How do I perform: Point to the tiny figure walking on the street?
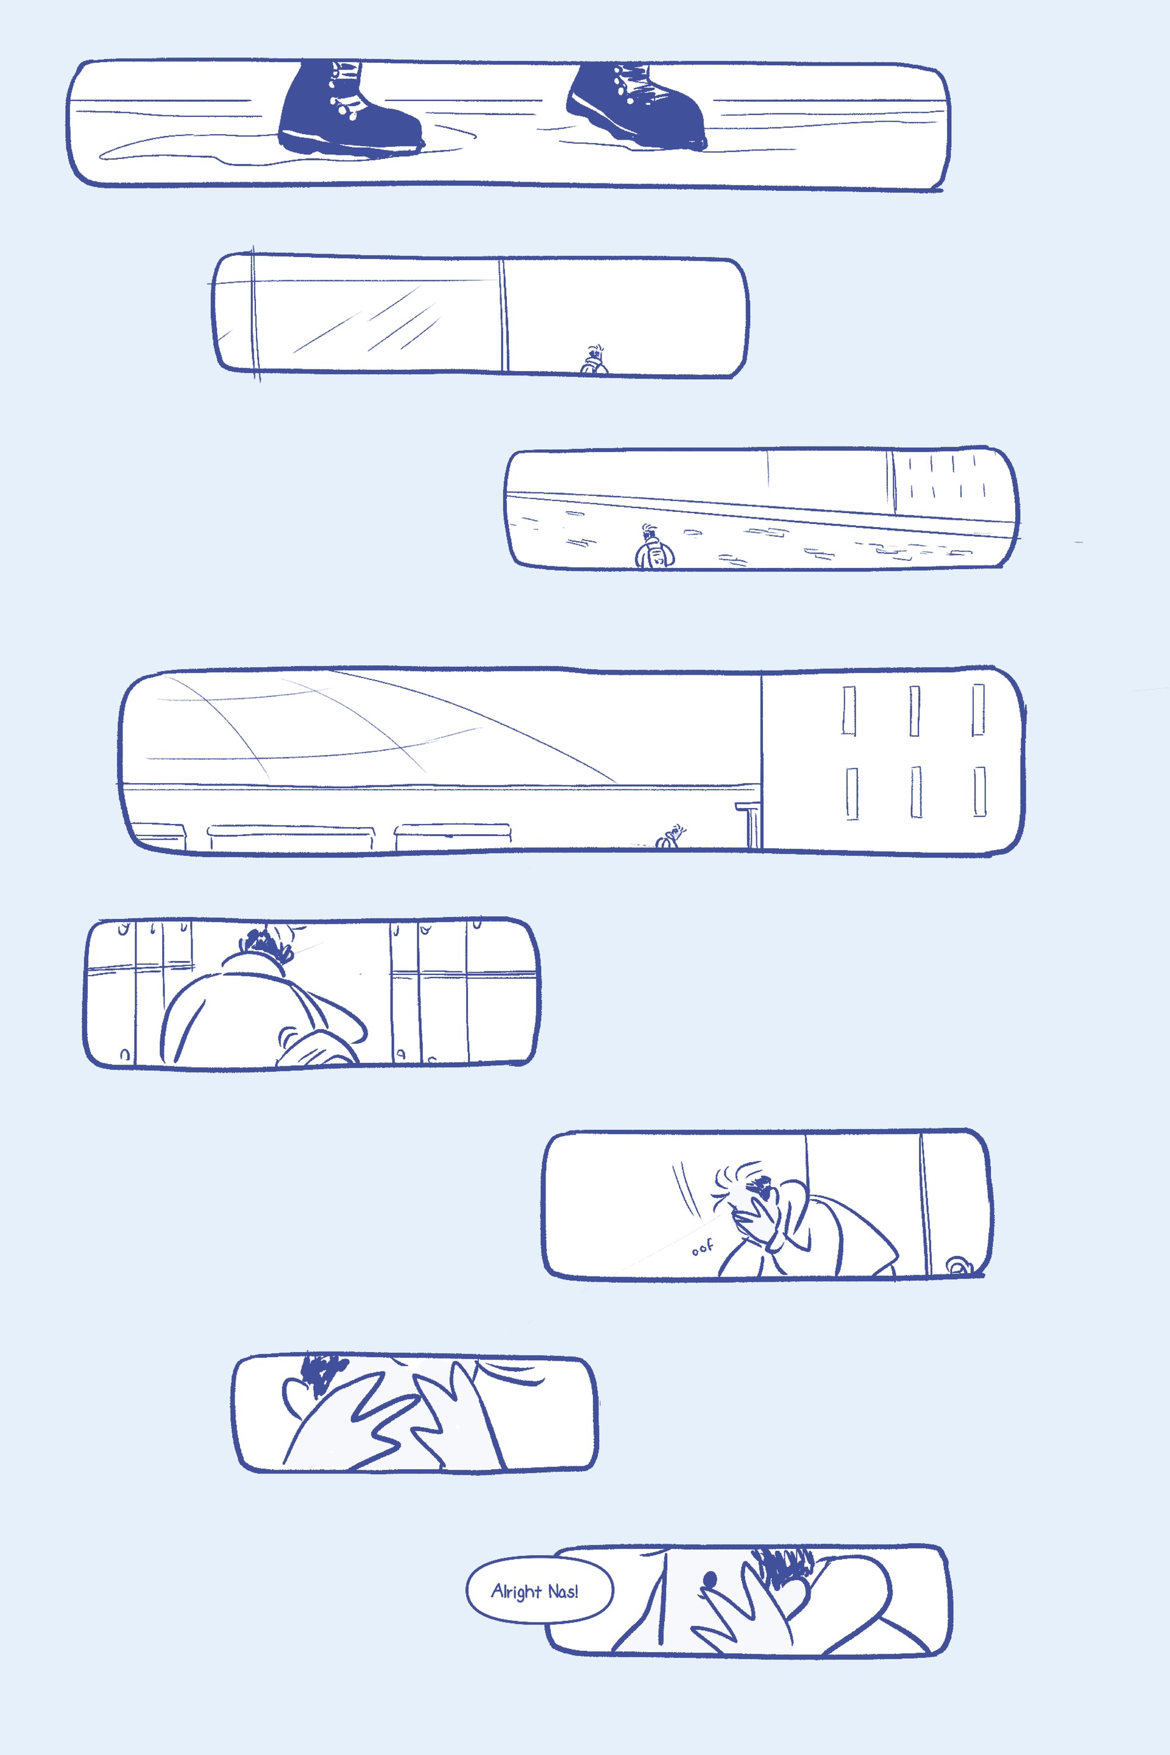click(654, 547)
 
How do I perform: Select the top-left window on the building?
click(848, 711)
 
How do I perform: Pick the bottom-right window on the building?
click(979, 792)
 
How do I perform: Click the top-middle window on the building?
click(914, 711)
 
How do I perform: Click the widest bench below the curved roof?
click(291, 837)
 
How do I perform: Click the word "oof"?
click(702, 1247)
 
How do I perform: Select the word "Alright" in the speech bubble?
click(516, 1592)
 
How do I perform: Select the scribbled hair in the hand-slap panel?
click(322, 1373)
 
